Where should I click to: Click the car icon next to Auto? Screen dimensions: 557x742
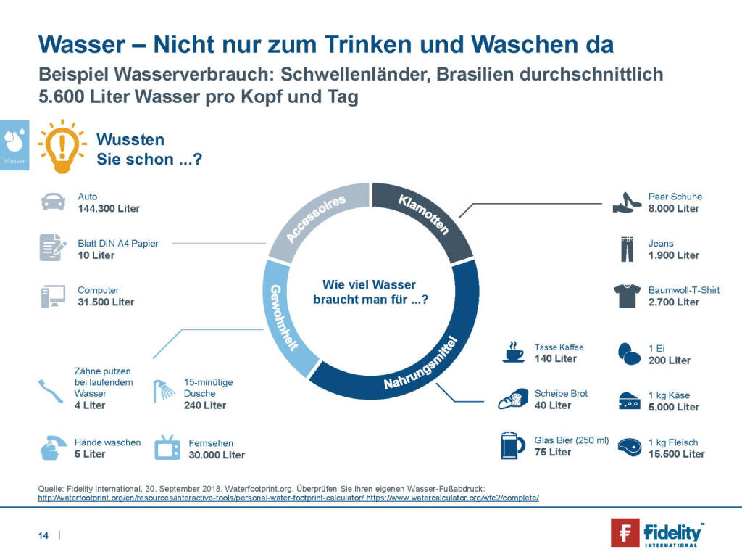pos(53,202)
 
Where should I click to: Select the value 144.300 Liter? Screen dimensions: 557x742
pos(109,208)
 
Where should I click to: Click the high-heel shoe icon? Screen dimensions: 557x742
pos(627,202)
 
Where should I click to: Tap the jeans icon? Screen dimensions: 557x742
pos(627,249)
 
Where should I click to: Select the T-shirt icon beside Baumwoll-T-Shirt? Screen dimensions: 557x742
pos(627,296)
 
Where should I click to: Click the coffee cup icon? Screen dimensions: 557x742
pos(514,352)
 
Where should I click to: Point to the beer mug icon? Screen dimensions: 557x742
pos(512,445)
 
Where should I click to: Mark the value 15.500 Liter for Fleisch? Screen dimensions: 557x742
pos(676,454)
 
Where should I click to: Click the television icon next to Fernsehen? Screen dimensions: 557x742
pos(167,447)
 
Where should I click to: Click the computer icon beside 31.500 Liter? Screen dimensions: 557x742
pos(53,296)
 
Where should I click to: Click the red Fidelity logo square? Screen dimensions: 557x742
pos(624,532)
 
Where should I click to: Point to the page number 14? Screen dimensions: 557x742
pos(43,535)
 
